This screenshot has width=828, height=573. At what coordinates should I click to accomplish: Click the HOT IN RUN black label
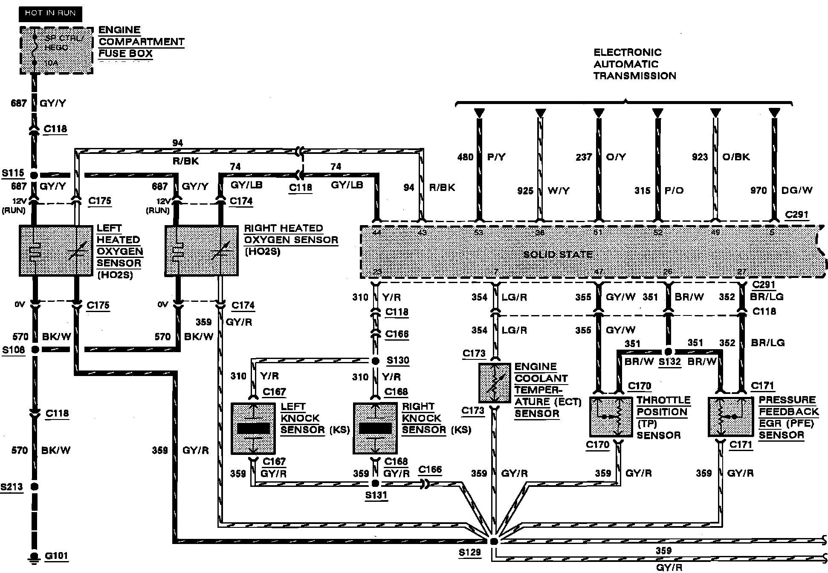(x=50, y=13)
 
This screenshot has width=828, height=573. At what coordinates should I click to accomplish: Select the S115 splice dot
(x=35, y=175)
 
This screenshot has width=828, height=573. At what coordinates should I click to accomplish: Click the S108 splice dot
(x=35, y=350)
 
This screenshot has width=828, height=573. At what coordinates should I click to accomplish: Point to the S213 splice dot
(x=35, y=486)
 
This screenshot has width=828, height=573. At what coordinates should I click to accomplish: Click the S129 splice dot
(x=494, y=541)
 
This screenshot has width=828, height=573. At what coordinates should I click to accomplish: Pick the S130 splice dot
(x=376, y=361)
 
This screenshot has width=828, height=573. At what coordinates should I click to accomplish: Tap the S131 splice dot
(x=375, y=483)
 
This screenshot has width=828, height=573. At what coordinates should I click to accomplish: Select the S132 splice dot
(x=668, y=352)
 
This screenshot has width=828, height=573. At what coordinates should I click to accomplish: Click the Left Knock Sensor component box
(x=253, y=428)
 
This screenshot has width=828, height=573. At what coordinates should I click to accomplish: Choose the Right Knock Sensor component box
(x=375, y=428)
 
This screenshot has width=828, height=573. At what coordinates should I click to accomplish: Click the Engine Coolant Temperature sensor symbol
(x=495, y=383)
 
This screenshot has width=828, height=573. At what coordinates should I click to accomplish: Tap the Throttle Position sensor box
(x=611, y=417)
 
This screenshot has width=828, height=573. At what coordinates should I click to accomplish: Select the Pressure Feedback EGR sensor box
(x=730, y=417)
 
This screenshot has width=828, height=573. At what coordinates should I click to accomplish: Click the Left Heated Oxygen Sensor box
(x=56, y=251)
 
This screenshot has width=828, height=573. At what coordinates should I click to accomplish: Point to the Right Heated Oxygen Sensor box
(x=201, y=251)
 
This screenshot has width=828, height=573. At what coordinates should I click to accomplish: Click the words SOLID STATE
(x=558, y=255)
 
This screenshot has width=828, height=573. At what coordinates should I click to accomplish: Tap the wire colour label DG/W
(x=797, y=191)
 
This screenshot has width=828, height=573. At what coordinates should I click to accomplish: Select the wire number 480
(x=465, y=157)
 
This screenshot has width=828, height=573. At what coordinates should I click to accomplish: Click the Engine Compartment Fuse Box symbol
(x=56, y=50)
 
